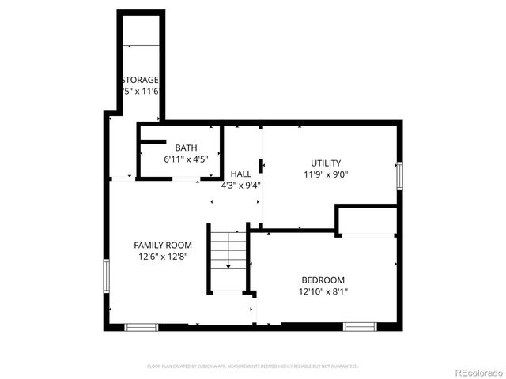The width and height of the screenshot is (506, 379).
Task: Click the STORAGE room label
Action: click(x=140, y=80)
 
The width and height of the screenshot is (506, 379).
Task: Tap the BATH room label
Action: click(x=186, y=148)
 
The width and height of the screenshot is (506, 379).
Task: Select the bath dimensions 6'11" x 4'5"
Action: click(x=186, y=159)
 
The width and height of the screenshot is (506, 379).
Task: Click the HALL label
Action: click(x=241, y=174)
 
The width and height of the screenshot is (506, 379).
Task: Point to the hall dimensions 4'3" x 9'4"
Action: click(x=241, y=186)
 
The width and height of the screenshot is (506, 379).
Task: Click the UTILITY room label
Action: click(x=325, y=163)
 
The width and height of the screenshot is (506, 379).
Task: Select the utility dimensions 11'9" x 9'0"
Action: click(x=325, y=174)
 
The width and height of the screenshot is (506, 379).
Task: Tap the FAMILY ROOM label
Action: click(x=162, y=245)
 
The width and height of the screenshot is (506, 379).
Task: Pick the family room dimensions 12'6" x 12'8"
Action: click(x=162, y=257)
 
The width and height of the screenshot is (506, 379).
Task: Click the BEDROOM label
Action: click(x=323, y=280)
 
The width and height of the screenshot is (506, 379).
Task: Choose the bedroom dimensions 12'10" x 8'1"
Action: click(x=323, y=291)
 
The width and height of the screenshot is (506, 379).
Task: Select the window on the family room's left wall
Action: click(x=105, y=276)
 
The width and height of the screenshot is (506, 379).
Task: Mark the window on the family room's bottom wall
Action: click(x=142, y=326)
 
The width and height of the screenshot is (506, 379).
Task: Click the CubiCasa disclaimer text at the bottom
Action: click(x=253, y=366)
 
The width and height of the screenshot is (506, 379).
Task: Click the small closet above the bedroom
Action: click(x=366, y=221)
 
